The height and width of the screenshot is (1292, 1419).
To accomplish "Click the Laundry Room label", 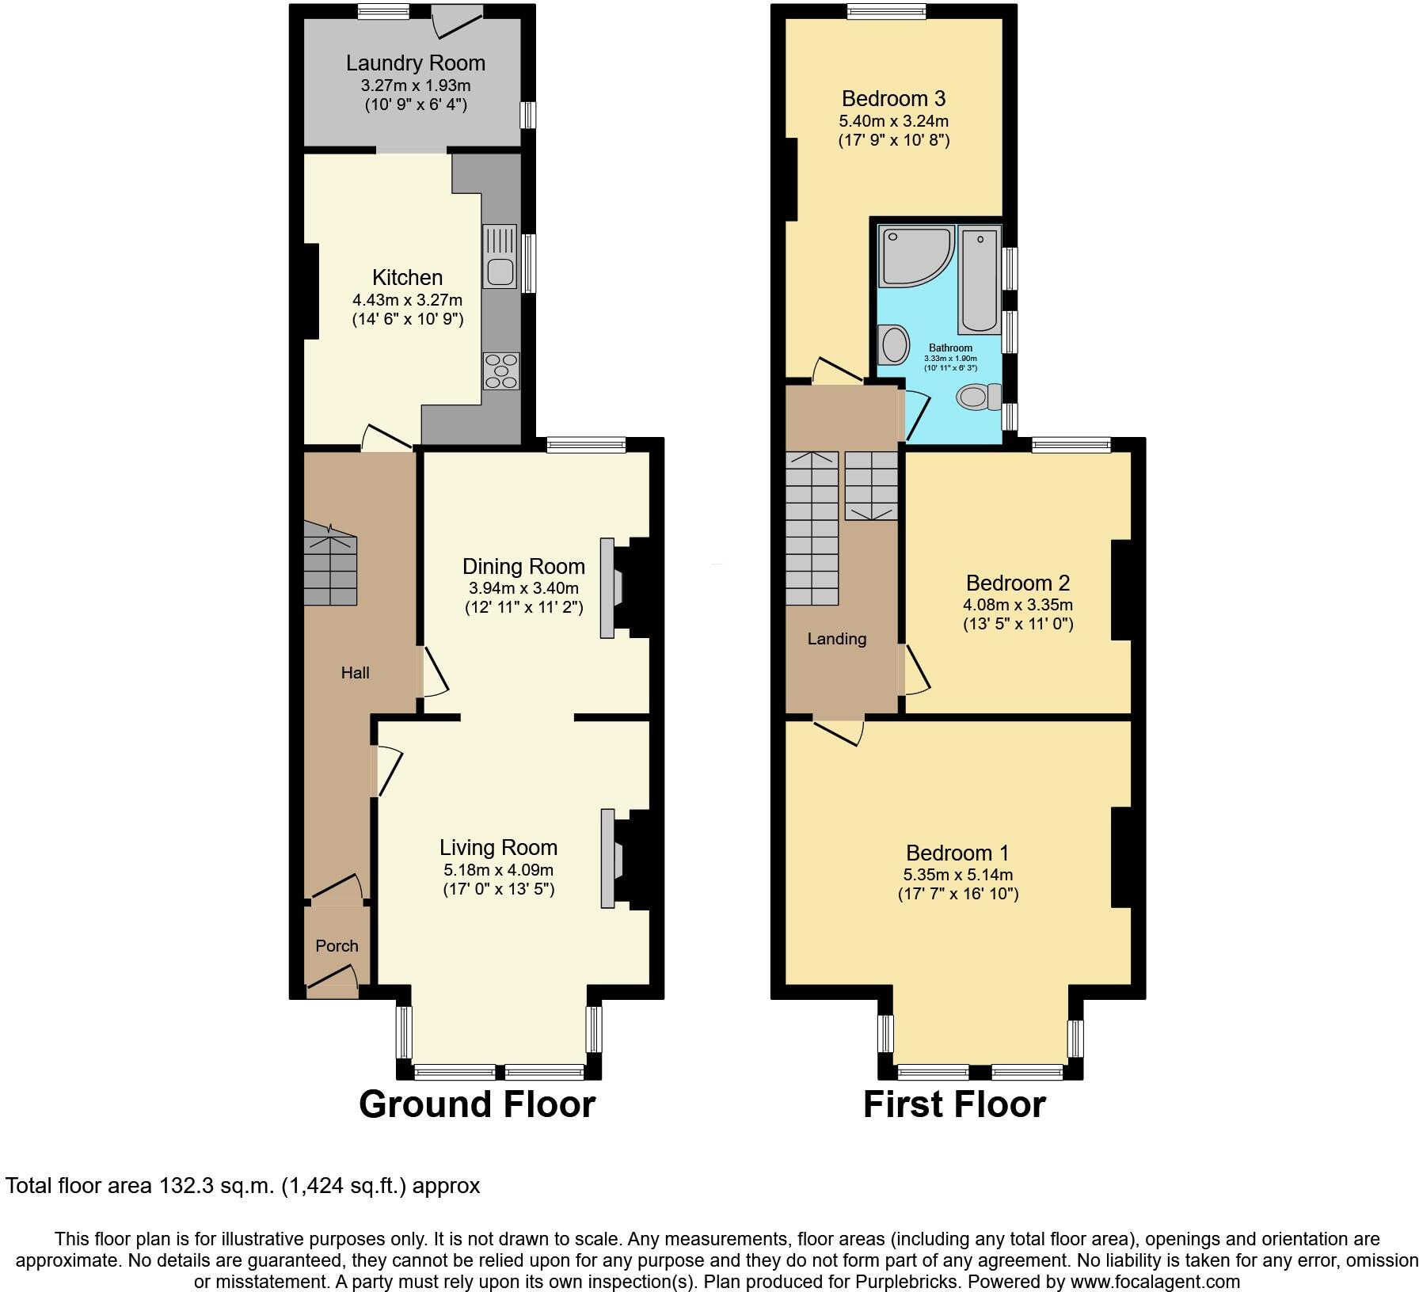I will tap(415, 63).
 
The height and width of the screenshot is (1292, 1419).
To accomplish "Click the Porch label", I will tap(337, 946).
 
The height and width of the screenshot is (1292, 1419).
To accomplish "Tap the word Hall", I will tap(355, 673).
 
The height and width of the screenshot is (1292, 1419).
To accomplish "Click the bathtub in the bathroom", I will tap(980, 281).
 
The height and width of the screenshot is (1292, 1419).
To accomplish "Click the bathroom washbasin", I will tap(896, 345).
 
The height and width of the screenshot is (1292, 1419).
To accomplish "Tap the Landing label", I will tap(836, 639).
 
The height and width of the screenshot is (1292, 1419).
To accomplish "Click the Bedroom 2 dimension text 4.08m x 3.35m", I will tap(1018, 605).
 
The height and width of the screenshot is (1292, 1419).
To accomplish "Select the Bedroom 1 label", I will tap(957, 853).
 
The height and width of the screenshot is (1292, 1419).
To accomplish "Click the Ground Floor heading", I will tap(477, 1104).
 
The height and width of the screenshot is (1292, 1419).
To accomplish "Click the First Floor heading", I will tap(953, 1104).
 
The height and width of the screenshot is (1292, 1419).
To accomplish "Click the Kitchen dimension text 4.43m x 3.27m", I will tap(407, 300).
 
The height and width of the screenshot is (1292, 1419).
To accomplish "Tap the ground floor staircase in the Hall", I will tap(330, 562).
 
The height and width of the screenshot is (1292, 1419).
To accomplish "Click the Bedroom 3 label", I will tap(893, 99).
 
